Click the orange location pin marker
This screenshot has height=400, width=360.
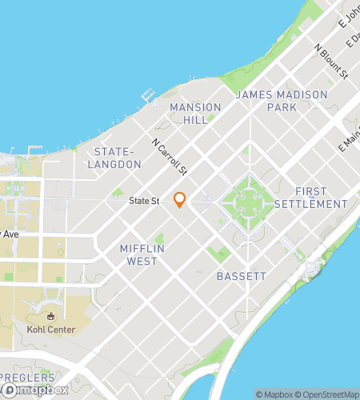tap(180, 200)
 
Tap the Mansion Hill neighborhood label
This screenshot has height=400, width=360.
tap(189, 112)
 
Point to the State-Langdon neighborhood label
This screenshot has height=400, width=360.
tap(118, 158)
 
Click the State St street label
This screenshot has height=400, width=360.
tap(143, 202)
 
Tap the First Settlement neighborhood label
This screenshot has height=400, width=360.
tap(310, 198)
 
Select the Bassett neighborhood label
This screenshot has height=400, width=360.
tap(241, 276)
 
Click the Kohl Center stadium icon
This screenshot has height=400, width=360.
tap(53, 316)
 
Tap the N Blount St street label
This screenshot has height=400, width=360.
tap(331, 61)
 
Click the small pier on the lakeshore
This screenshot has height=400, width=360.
tap(146, 94)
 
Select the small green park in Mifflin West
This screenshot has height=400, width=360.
tap(159, 238)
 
